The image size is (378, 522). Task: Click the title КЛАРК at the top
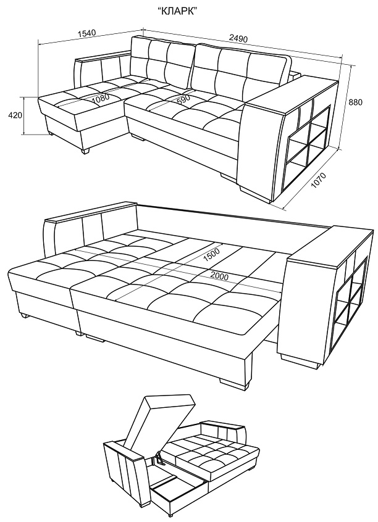177,11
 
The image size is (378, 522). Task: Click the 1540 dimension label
86,33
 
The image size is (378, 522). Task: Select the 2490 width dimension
238,39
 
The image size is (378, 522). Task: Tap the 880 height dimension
355,102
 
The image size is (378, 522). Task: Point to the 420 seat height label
15,115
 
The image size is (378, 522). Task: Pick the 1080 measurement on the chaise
101,99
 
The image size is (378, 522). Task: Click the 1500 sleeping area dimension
211,255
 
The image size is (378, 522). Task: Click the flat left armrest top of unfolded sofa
91,212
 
